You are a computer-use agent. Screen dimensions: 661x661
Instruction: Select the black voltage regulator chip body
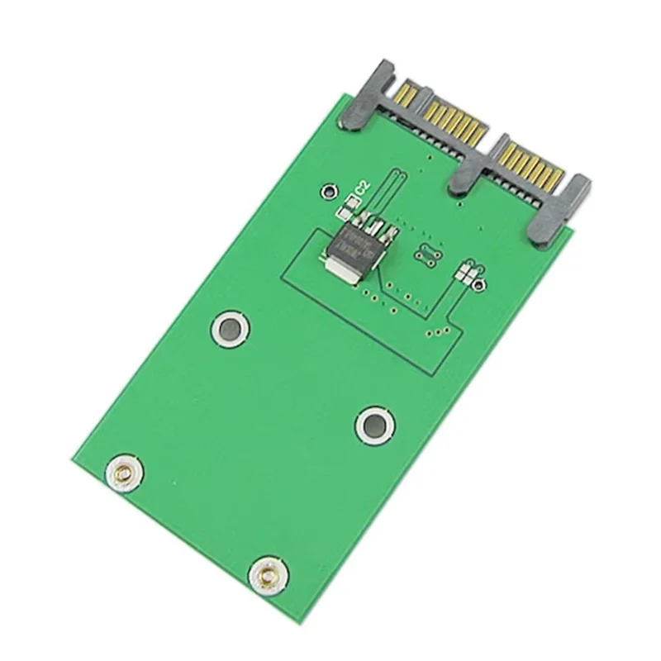click(x=353, y=245)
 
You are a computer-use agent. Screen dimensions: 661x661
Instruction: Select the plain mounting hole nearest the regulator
click(x=228, y=327)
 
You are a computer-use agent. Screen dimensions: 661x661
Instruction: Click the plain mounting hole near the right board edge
click(x=373, y=426)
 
